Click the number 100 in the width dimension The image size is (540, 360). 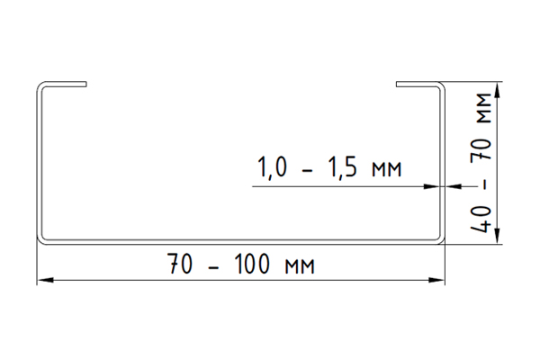251,265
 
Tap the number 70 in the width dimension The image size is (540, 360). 179,265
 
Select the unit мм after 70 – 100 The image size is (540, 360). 300,267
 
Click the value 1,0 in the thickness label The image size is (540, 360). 272,167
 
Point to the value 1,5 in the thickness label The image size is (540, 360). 343,167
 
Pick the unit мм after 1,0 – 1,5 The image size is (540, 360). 387,170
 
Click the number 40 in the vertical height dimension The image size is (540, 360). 481,220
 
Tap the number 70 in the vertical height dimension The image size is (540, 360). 481,149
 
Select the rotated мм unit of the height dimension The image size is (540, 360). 484,109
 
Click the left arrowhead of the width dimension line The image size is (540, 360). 45,280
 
